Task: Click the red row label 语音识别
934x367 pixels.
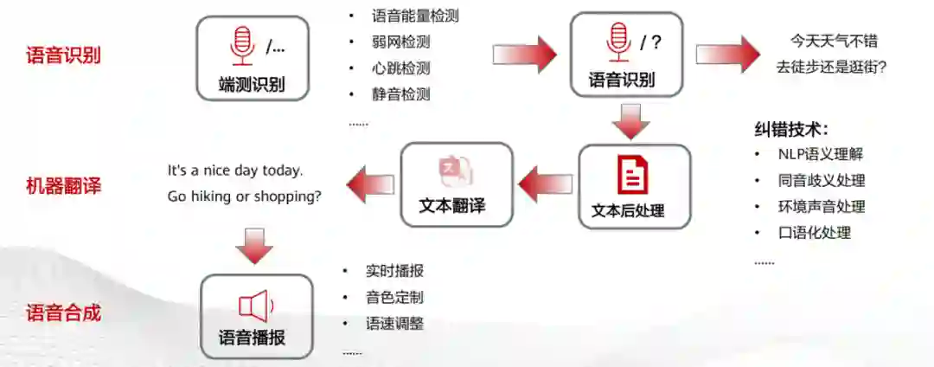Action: (x=63, y=55)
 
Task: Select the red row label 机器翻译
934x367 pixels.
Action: (x=63, y=185)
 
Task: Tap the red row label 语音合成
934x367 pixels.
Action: (x=63, y=312)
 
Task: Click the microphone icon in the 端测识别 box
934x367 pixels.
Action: (x=241, y=46)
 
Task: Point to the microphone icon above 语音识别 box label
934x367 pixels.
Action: (x=617, y=42)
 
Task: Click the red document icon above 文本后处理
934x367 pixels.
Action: (x=632, y=175)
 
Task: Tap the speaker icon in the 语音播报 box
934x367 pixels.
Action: (x=255, y=306)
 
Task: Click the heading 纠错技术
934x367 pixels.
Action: (x=790, y=130)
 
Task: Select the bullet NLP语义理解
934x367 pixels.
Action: (x=820, y=155)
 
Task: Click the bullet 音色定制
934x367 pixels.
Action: (x=394, y=298)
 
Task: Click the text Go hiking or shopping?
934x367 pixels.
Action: (x=245, y=196)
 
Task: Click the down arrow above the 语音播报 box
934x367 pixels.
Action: (x=253, y=247)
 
